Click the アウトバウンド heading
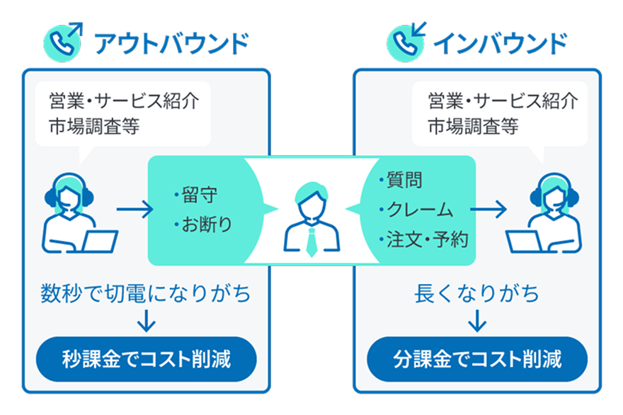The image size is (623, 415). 171,43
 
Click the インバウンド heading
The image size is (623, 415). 501,43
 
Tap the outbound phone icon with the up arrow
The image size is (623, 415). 63,42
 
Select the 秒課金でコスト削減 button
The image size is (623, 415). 147,359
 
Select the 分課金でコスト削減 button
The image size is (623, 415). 477,359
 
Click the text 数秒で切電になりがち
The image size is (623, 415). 145,294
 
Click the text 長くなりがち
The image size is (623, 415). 476,294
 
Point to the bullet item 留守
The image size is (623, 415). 196,195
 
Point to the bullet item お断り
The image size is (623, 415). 203,224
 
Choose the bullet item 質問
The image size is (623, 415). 401,180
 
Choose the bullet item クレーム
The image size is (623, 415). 416,210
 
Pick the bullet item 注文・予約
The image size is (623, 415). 423,239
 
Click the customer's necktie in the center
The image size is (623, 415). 312,242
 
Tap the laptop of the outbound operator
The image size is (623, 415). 100,241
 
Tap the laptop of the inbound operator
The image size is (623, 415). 524,241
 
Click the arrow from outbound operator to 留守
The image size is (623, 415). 135,209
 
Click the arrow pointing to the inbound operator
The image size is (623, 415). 488,209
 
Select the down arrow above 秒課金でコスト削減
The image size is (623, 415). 147,321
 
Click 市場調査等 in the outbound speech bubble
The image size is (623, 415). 94,126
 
